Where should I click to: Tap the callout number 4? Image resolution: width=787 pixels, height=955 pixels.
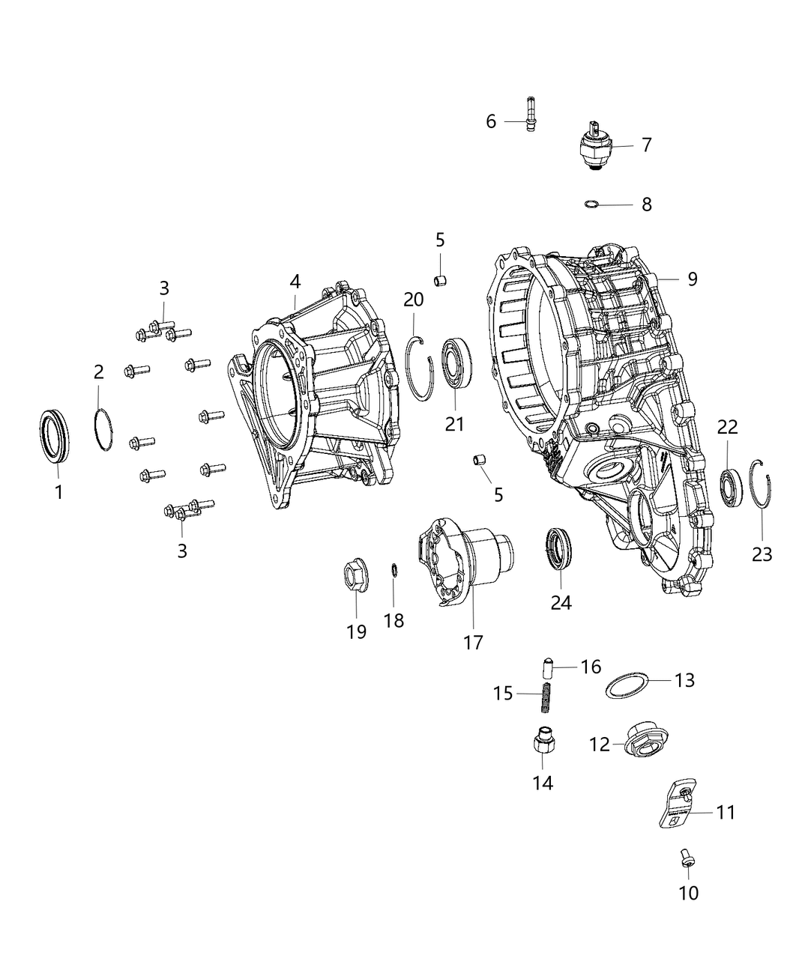click(x=295, y=282)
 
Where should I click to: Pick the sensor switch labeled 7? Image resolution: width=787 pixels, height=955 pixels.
click(x=597, y=146)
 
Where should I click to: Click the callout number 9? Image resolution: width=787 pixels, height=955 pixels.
click(x=692, y=279)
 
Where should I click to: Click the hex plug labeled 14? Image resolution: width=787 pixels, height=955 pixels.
click(x=543, y=745)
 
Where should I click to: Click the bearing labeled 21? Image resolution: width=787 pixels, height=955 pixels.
click(x=456, y=363)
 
